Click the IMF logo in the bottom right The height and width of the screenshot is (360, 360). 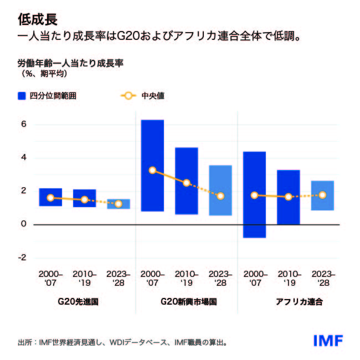(328, 340)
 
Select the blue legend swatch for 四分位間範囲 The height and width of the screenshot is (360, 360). (22, 96)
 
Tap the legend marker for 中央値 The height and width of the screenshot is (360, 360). (128, 96)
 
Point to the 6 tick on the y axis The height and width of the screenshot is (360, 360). (24, 124)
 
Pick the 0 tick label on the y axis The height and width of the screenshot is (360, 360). (24, 224)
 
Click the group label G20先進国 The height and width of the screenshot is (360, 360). (81, 302)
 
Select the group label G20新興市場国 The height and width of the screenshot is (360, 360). (186, 302)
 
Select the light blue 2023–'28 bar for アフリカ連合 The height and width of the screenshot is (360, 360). (322, 196)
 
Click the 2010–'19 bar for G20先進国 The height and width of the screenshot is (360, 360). (84, 198)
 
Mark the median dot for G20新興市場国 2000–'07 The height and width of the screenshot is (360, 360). (152, 170)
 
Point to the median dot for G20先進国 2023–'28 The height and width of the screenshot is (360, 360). (119, 204)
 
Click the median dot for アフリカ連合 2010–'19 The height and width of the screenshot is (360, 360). (288, 197)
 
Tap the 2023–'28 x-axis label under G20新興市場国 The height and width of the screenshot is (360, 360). (220, 279)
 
